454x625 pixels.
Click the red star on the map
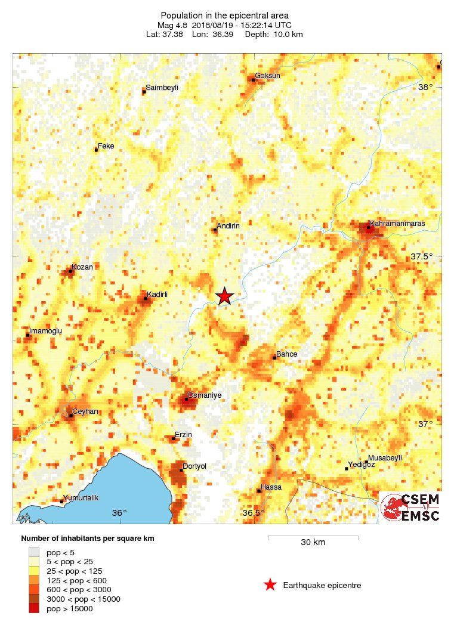[224, 296]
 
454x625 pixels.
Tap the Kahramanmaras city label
[397, 224]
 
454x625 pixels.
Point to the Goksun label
[267, 76]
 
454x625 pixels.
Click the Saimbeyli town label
[162, 88]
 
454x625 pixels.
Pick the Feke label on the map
[106, 146]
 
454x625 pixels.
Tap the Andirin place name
[228, 226]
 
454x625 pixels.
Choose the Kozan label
[82, 267]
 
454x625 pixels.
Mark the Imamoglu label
[46, 330]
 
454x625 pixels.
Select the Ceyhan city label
[85, 411]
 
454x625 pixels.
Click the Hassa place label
[271, 487]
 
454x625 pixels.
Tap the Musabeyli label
[385, 457]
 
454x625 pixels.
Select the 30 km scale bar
[313, 538]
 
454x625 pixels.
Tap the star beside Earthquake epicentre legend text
[270, 585]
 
